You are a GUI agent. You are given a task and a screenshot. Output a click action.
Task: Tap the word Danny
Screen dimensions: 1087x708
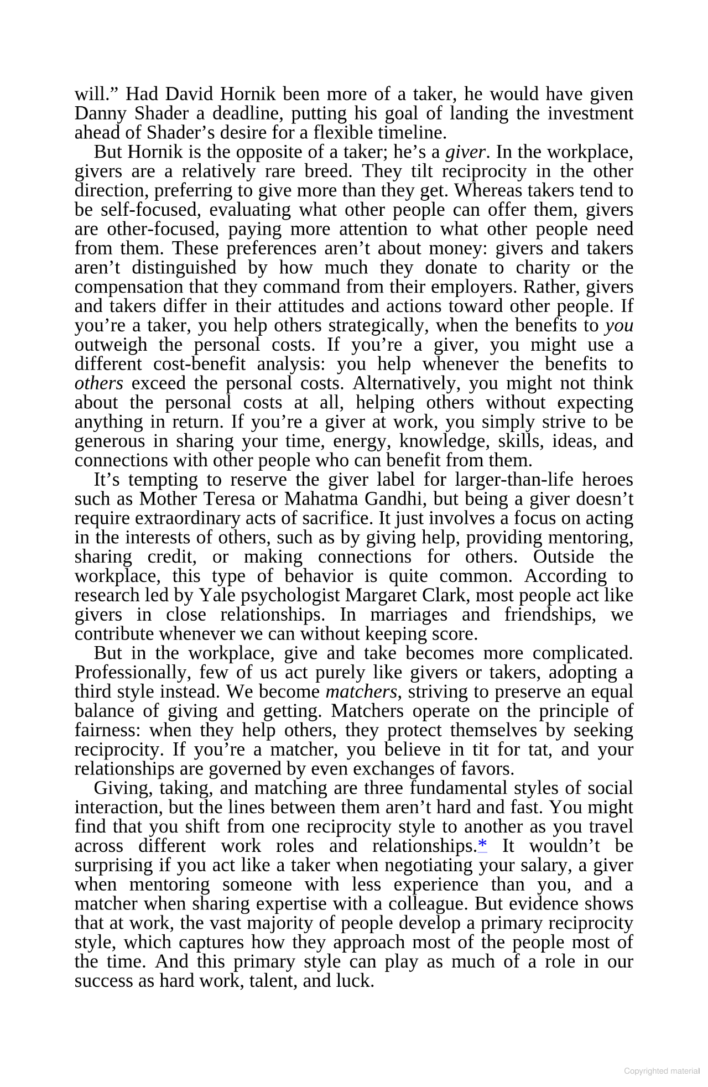coord(97,113)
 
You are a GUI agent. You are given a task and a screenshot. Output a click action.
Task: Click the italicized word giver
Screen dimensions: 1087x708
coord(466,152)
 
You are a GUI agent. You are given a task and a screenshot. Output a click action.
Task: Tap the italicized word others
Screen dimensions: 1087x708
coord(98,383)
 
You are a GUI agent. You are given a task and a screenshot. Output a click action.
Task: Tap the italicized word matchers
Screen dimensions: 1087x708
coord(361,691)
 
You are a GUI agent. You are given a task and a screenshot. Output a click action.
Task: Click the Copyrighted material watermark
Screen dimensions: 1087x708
coord(662,1071)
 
